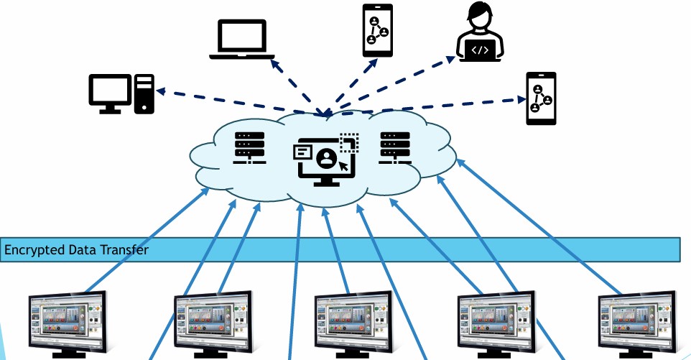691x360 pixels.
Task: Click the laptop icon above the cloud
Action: pos(242,40)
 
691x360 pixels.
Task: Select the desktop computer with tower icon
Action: pos(121,93)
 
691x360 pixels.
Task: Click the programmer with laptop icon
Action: pos(481,32)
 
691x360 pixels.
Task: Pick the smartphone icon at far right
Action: pos(541,98)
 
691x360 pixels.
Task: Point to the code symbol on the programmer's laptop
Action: pos(481,50)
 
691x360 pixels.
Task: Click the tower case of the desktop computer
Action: pos(144,93)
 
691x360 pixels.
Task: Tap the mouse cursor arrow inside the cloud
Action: pos(344,165)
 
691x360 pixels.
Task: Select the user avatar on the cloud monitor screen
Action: pos(326,158)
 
